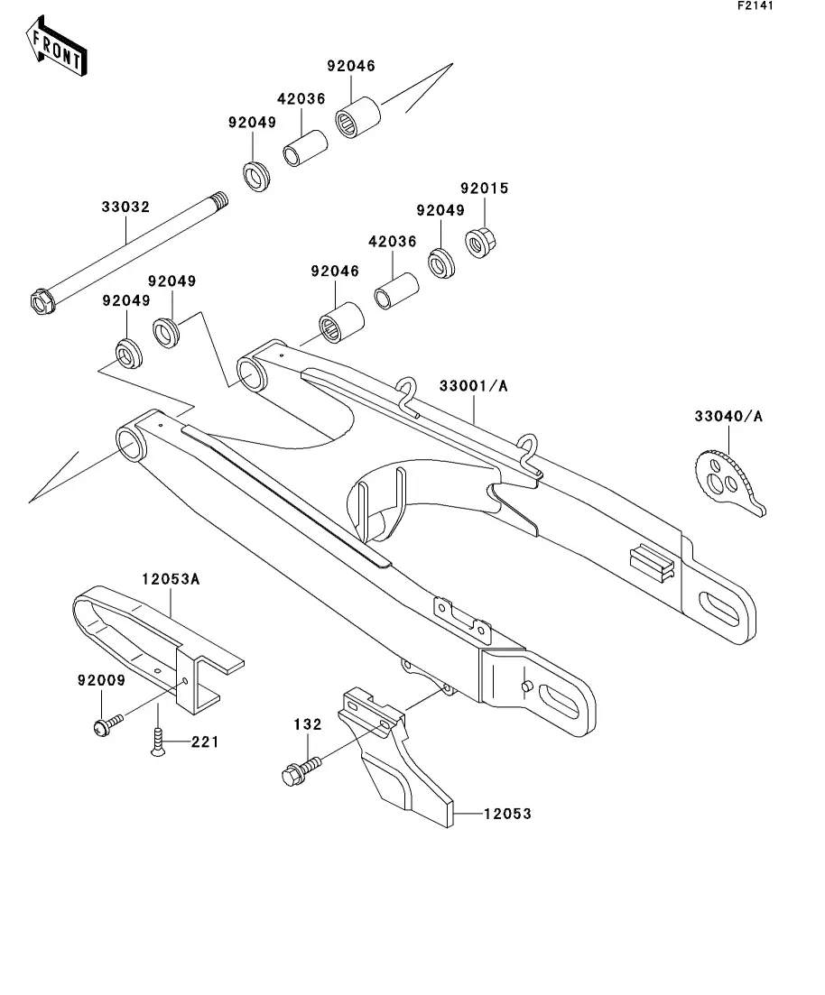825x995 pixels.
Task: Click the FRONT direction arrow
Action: (x=57, y=50)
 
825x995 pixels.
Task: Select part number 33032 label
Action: (x=125, y=207)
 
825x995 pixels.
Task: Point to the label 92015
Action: (x=485, y=189)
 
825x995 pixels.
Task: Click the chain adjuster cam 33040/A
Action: (x=728, y=477)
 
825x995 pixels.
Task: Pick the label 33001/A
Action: (x=474, y=385)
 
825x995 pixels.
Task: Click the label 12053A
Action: (x=170, y=579)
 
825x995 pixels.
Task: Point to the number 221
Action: (x=206, y=742)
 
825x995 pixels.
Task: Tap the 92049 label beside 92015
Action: (x=440, y=210)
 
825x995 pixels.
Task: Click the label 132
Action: (x=308, y=723)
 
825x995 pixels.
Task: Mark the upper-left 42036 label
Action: (x=301, y=100)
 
